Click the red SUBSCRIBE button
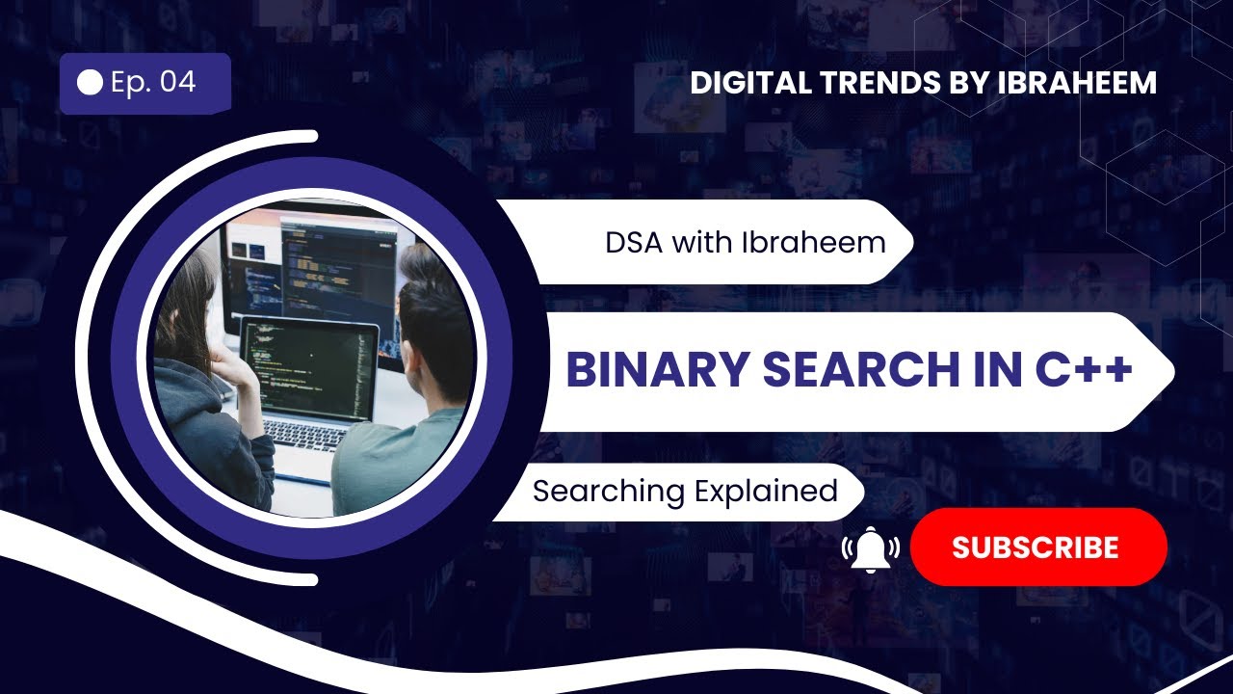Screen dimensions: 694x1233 tap(1037, 547)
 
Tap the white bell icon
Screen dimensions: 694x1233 tap(871, 549)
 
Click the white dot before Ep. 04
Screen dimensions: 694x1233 tap(90, 83)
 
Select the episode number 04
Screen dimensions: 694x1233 tap(178, 82)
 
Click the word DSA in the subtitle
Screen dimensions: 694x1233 tap(635, 242)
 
